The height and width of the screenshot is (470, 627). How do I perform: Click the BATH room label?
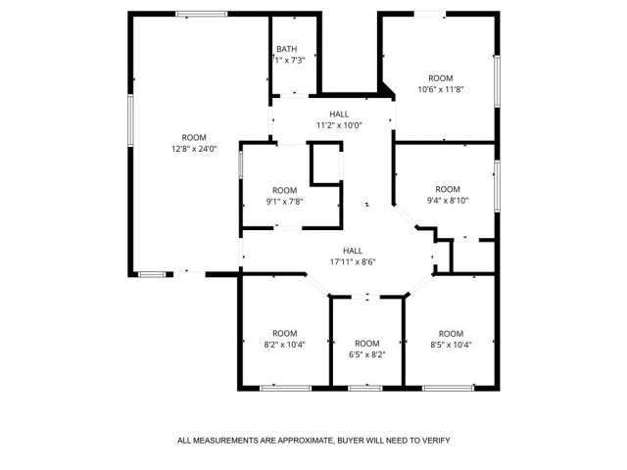click(287, 49)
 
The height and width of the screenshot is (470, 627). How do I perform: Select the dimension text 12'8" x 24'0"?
click(194, 149)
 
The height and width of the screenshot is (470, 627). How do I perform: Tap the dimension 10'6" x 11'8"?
click(441, 89)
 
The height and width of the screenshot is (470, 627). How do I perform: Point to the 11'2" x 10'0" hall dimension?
click(339, 125)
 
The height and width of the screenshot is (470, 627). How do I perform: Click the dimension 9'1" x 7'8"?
click(285, 202)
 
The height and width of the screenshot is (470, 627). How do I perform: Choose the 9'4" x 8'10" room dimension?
click(448, 201)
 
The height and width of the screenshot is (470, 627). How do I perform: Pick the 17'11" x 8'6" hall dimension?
click(353, 262)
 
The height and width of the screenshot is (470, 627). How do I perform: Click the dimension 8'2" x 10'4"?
click(285, 345)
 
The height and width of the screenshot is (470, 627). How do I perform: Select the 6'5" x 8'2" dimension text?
click(367, 354)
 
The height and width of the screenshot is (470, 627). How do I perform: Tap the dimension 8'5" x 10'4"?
click(451, 345)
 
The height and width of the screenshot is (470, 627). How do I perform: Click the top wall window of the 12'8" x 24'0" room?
click(202, 14)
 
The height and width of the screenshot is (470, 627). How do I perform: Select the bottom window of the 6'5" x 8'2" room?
click(365, 388)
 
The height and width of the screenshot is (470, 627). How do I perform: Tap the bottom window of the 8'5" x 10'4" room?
click(449, 388)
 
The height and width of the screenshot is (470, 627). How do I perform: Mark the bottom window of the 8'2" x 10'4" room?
click(285, 388)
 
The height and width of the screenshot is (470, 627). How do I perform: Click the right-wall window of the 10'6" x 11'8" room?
click(497, 80)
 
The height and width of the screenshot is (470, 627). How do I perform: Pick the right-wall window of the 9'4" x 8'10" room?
click(497, 186)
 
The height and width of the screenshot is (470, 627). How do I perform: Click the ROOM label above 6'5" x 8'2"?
click(367, 344)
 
